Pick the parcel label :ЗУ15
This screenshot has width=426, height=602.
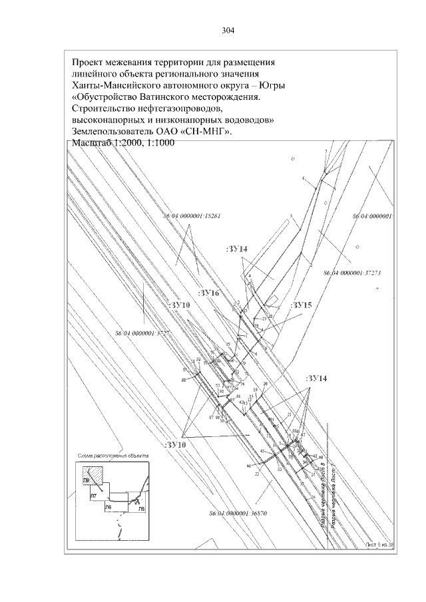(x=302, y=305)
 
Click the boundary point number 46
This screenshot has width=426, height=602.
(x=249, y=466)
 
